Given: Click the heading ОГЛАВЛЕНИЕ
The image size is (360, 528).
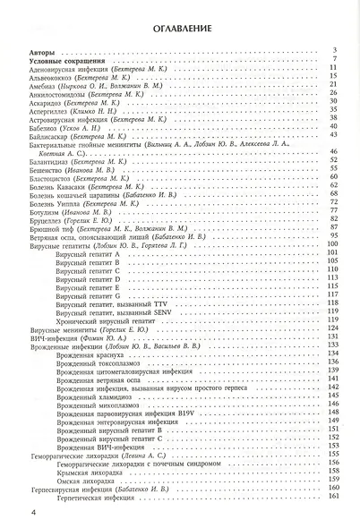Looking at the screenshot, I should click(x=180, y=29).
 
